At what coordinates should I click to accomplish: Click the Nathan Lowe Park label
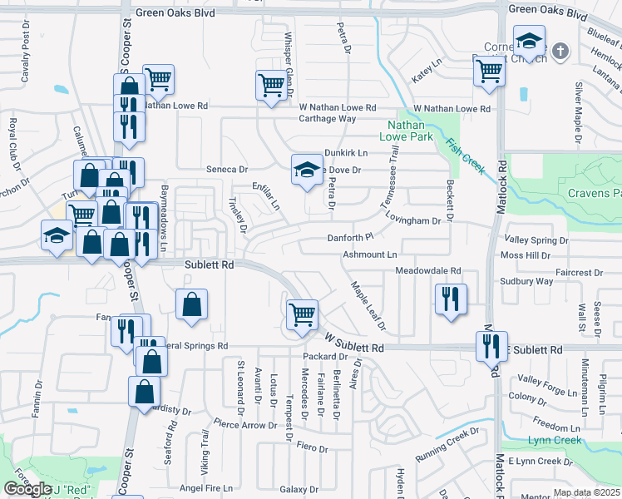tap(406, 130)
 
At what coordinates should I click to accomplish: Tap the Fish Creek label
tap(465, 156)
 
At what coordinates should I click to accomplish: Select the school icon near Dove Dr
tap(307, 170)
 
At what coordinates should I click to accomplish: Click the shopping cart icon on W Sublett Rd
tap(301, 316)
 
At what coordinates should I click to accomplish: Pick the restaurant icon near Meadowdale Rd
tap(451, 299)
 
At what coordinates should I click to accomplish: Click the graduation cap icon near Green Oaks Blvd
tap(528, 42)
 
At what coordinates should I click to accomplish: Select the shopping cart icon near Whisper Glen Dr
tap(271, 86)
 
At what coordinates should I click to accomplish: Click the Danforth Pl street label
tap(352, 238)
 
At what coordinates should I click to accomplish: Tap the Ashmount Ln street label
tap(371, 254)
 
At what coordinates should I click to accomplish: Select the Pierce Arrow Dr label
tap(244, 425)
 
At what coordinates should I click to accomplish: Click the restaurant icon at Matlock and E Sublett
tap(491, 345)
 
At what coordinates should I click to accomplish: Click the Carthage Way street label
tap(328, 119)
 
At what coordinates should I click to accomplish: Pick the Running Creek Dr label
tap(448, 444)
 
